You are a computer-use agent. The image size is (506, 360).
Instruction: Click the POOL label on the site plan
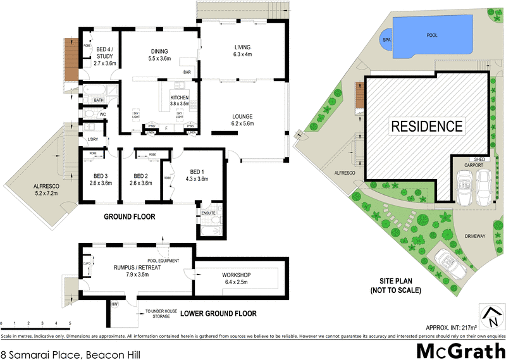(432, 36)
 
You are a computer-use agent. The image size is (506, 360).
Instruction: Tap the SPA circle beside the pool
(386, 40)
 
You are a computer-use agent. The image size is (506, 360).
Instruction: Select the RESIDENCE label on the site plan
(426, 125)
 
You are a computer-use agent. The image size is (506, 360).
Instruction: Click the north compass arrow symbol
(490, 314)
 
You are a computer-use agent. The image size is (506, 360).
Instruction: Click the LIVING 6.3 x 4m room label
(243, 51)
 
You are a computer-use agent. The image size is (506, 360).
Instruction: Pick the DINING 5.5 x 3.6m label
(159, 55)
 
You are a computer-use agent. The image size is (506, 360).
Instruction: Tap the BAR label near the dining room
(187, 73)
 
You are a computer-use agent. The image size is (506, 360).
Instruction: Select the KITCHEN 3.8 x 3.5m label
(180, 101)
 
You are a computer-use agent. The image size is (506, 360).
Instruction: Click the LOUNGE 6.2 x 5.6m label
(242, 120)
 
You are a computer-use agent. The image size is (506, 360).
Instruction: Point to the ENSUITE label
(209, 213)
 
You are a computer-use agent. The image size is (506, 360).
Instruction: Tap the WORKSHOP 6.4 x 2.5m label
(237, 278)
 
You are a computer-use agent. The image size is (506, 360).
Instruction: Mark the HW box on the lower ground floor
(114, 304)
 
